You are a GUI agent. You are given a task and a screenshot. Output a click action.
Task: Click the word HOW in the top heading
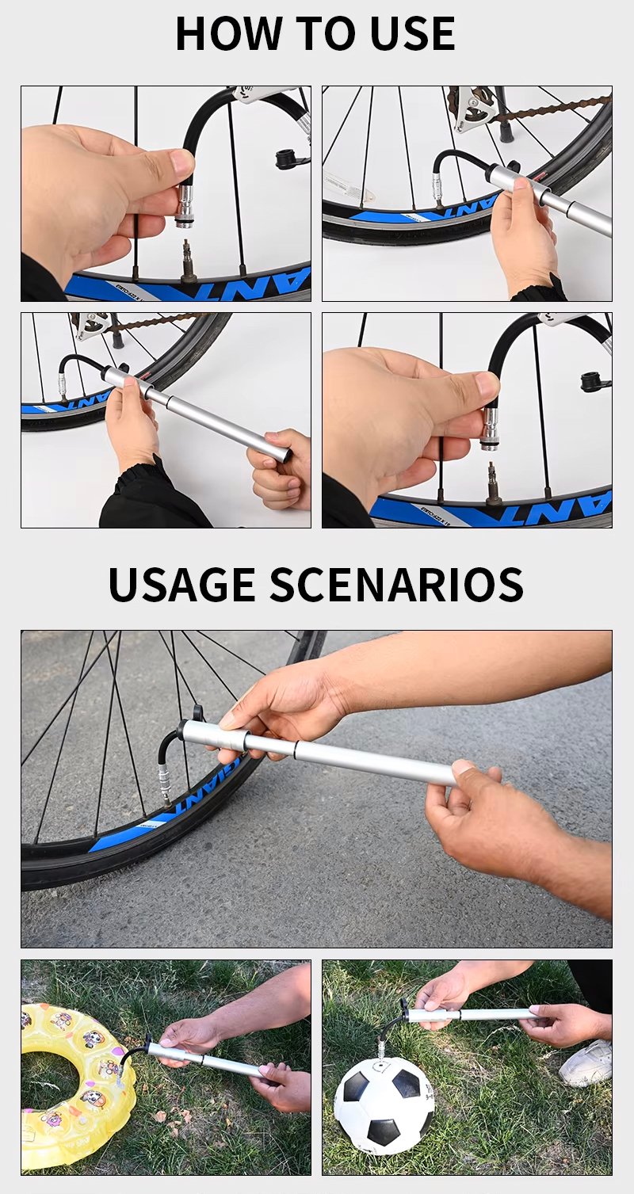pos(229,33)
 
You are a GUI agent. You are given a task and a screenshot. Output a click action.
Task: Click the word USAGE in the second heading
pos(181,584)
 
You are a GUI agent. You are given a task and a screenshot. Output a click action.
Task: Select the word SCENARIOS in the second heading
pos(396,584)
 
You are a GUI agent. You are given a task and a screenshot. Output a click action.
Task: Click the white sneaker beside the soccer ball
pos(586,1063)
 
